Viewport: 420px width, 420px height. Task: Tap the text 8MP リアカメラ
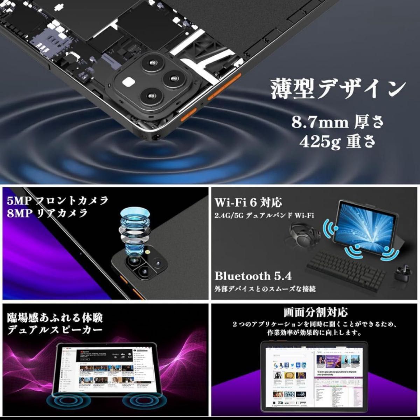click(47, 213)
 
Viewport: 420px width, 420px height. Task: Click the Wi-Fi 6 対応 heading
click(248, 202)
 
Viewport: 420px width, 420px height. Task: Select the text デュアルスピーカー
click(55, 330)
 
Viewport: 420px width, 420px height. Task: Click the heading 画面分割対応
click(315, 312)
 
